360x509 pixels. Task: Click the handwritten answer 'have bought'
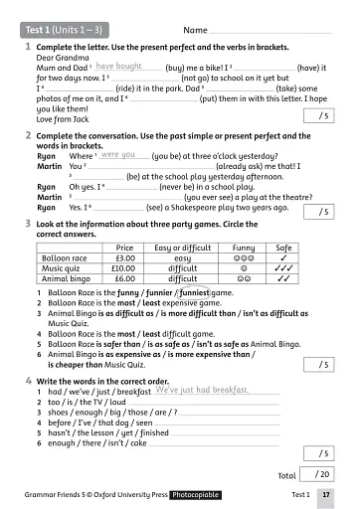[x=119, y=67]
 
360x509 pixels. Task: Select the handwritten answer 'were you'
[x=118, y=155]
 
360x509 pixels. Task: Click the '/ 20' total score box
[x=321, y=475]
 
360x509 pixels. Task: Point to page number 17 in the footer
[x=326, y=494]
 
